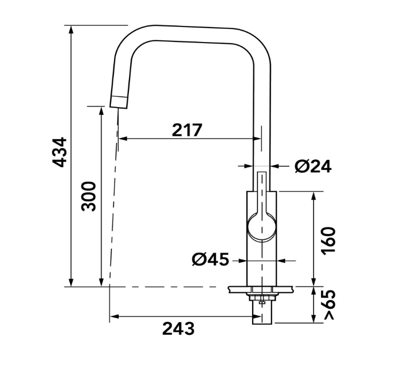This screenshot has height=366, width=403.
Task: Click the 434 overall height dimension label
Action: (x=60, y=152)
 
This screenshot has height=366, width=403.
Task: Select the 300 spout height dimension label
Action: (x=88, y=196)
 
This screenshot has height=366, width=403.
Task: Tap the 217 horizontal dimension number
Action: (x=187, y=130)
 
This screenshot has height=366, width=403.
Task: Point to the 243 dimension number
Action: (x=178, y=328)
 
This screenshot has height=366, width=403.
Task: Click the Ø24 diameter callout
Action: (x=313, y=166)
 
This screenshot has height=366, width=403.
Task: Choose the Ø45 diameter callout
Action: (x=210, y=259)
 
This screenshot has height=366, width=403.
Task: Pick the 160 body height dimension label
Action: (x=329, y=241)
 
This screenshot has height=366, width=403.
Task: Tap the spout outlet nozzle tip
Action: (x=119, y=102)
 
